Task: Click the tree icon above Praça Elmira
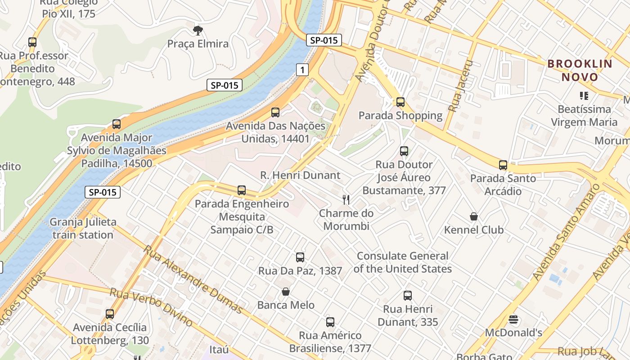tap(197, 31)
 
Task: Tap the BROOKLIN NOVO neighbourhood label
tap(580, 70)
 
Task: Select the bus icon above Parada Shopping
tap(400, 102)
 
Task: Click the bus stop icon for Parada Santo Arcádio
tap(503, 165)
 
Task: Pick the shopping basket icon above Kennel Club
tap(474, 217)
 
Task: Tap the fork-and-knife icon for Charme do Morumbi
tap(346, 199)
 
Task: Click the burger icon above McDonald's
tap(513, 320)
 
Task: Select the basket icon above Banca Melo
tap(286, 292)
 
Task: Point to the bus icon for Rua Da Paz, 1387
tap(300, 257)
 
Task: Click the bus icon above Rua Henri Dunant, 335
tap(408, 296)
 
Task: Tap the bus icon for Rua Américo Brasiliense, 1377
tap(330, 322)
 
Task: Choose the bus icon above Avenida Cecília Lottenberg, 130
tap(110, 314)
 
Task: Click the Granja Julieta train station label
tap(83, 228)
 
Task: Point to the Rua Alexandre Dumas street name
tap(193, 279)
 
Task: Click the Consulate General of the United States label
tap(403, 262)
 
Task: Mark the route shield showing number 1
tap(302, 70)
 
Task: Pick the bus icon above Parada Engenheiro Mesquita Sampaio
tap(242, 190)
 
